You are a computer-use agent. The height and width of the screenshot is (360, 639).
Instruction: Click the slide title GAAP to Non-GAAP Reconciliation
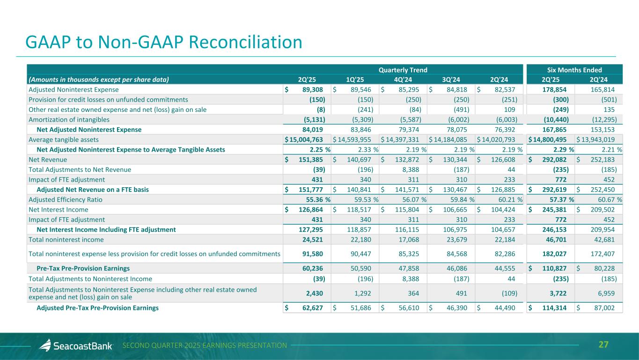coord(164,42)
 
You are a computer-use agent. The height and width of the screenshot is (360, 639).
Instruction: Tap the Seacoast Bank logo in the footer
coord(76,346)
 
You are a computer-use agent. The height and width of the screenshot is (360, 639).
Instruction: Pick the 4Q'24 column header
coord(404,79)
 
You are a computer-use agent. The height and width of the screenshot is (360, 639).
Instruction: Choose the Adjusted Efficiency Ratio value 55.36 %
coord(314,199)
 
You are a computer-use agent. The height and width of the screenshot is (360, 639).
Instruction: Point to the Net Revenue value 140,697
coord(361,160)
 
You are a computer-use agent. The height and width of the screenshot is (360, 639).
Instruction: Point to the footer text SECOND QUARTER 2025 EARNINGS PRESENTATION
coord(205,345)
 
